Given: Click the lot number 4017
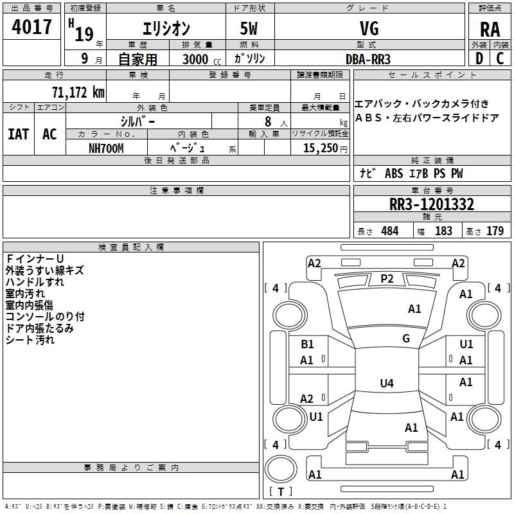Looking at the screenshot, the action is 32,28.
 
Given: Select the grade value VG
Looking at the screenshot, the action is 369,28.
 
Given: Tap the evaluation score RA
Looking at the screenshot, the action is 490,29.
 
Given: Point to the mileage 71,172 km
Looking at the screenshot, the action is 78,93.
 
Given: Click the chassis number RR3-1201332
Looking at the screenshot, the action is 432,205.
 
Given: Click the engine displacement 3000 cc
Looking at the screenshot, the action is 201,59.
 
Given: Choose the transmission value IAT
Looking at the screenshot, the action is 18,134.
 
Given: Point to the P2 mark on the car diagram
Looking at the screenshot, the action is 387,278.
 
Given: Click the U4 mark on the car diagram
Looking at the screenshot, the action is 386,384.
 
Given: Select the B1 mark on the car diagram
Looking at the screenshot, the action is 307,344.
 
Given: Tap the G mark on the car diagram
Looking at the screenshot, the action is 406,338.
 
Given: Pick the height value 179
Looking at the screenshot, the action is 495,231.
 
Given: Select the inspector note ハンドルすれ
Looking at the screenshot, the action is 35,282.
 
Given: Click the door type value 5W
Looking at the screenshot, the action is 250,29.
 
